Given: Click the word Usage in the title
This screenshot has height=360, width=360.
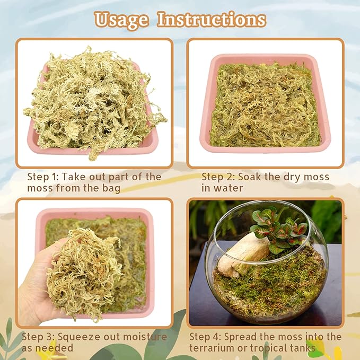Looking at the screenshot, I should click(x=121, y=20).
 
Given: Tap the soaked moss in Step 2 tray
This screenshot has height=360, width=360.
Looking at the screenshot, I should click(x=265, y=106).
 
